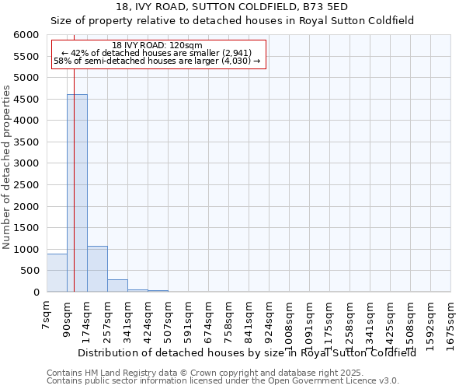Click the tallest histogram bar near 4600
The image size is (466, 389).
tap(77, 193)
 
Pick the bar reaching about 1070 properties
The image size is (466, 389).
tap(97, 269)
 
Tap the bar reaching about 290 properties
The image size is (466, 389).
tap(117, 286)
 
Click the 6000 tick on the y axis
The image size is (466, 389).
tap(28, 35)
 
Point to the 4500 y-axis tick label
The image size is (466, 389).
tap(28, 100)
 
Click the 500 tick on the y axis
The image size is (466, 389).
tap(31, 271)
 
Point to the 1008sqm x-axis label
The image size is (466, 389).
tap(289, 318)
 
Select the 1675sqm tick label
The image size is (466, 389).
tap(450, 318)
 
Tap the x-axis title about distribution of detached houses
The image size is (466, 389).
tap(247, 352)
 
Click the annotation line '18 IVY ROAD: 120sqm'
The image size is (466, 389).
tap(157, 45)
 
